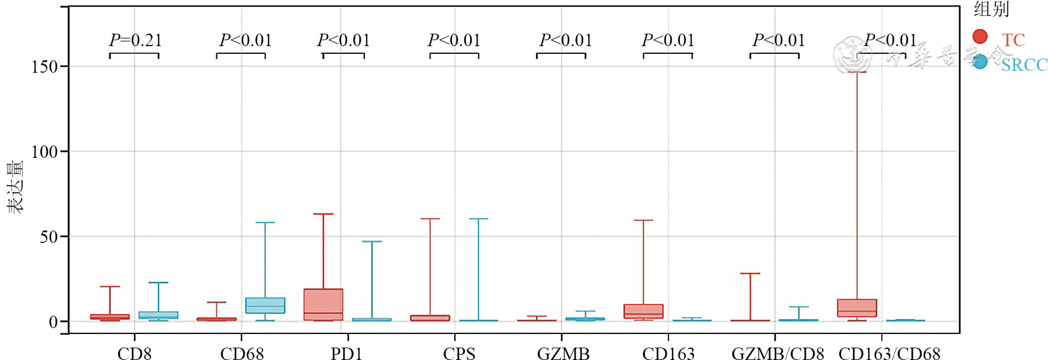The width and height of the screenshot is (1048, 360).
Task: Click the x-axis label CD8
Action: tap(135, 353)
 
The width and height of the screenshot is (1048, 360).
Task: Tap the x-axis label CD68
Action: tap(242, 353)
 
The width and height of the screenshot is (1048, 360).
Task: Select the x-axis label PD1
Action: tap(346, 353)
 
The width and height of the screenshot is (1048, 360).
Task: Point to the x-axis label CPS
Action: tap(459, 353)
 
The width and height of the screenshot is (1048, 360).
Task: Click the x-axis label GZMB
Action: tap(563, 353)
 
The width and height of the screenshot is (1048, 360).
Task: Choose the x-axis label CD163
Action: tap(669, 353)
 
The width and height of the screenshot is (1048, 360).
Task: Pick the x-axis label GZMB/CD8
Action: tap(778, 353)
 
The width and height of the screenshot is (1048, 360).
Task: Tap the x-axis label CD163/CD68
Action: tap(890, 353)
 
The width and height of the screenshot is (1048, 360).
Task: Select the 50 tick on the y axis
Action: tap(48, 237)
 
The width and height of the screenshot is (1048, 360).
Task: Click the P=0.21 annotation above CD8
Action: tap(135, 40)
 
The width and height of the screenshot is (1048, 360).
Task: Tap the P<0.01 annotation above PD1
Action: tap(343, 40)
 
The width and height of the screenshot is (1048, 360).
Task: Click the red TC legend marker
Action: tap(980, 37)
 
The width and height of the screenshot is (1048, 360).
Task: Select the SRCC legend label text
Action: tap(1024, 64)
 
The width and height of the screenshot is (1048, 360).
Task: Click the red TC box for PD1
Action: tap(323, 304)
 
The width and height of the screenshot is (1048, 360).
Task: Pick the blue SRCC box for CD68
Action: tap(265, 306)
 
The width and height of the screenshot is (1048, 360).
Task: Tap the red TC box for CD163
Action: tap(644, 312)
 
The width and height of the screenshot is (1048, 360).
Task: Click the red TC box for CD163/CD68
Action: tap(857, 308)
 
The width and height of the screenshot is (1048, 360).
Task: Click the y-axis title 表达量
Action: tap(15, 186)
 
